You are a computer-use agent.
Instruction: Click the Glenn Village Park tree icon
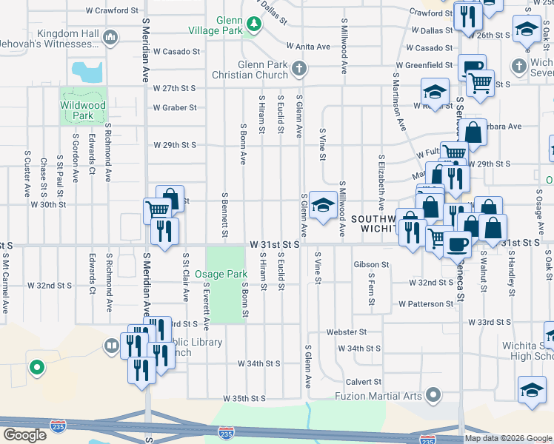(x=254, y=25)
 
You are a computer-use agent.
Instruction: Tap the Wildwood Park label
(x=83, y=111)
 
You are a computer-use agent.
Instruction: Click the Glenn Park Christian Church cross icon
(x=298, y=70)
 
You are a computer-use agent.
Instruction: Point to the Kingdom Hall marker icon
(x=110, y=36)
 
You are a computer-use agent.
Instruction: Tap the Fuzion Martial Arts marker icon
(x=434, y=395)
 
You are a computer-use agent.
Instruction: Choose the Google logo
(x=24, y=434)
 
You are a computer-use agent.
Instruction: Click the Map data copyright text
(x=508, y=438)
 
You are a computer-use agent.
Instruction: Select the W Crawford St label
(x=112, y=11)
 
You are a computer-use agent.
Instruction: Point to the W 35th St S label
(x=244, y=399)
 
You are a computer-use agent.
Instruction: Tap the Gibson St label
(x=371, y=264)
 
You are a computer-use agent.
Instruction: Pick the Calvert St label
(x=363, y=382)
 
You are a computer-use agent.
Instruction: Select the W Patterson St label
(x=425, y=304)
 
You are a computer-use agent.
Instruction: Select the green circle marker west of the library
(x=36, y=366)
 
